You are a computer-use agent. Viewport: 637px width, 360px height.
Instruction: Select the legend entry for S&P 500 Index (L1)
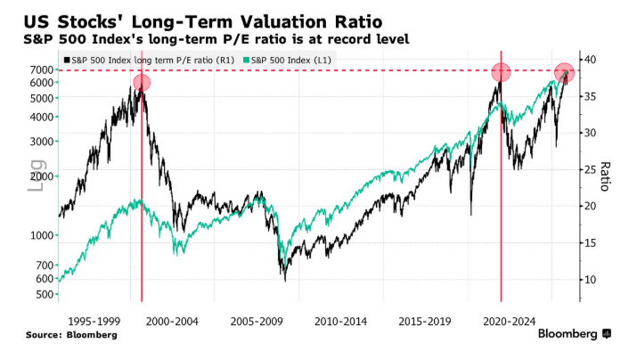(x=294, y=59)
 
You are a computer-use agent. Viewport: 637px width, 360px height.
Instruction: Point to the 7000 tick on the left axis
(x=42, y=70)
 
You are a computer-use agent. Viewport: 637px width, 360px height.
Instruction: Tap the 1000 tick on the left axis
(x=42, y=235)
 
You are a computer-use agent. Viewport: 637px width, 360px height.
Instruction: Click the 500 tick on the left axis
(x=45, y=293)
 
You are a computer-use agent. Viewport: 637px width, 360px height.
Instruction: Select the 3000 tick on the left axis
(x=42, y=142)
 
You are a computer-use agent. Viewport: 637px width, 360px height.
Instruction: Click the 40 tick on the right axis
(x=591, y=59)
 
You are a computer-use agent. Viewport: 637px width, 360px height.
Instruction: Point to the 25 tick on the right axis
(x=591, y=169)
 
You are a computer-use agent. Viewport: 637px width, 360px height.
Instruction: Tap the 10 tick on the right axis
(x=591, y=280)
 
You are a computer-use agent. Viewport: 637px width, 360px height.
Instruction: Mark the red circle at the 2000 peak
(x=142, y=83)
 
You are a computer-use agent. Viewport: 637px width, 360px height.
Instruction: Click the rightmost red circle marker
(x=564, y=73)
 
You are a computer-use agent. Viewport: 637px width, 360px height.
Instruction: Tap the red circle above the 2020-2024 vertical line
(x=501, y=72)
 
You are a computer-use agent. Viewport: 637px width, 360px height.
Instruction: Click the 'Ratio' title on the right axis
(x=606, y=176)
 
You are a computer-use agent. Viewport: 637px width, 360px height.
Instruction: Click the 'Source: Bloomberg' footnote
(x=71, y=335)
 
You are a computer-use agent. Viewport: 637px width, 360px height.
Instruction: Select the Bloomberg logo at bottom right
(x=575, y=334)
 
